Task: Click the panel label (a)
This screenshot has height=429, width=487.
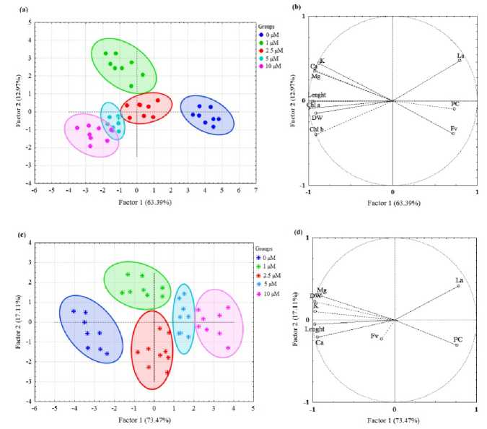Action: pyautogui.click(x=24, y=8)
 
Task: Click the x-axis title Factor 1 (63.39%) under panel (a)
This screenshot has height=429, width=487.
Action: pyautogui.click(x=137, y=203)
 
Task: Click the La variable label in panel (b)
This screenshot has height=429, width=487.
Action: pyautogui.click(x=460, y=55)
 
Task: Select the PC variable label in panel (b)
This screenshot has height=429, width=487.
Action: pyautogui.click(x=455, y=104)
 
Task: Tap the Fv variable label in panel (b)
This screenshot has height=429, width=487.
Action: pyautogui.click(x=453, y=129)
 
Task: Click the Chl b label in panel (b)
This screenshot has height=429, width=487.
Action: pyautogui.click(x=316, y=129)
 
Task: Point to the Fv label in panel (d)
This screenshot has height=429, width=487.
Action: pyautogui.click(x=374, y=336)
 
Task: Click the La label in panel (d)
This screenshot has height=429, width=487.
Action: pyautogui.click(x=459, y=280)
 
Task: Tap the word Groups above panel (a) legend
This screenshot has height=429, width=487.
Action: pyautogui.click(x=268, y=25)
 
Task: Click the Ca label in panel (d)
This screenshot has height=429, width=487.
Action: pyautogui.click(x=319, y=342)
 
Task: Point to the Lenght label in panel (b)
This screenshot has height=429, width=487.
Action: pyautogui.click(x=317, y=95)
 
